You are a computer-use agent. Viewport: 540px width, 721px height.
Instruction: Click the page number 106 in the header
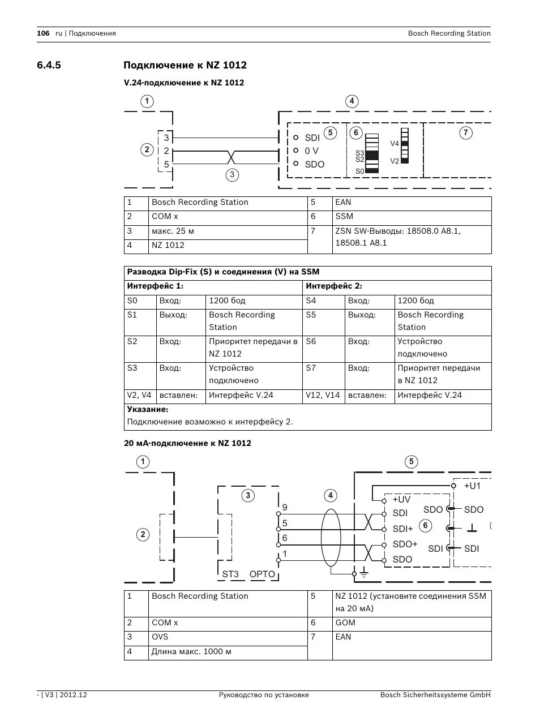click(x=43, y=33)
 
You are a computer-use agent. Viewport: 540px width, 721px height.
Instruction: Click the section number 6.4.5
click(x=49, y=65)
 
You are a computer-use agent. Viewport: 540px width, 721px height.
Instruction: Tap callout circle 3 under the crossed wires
click(x=232, y=174)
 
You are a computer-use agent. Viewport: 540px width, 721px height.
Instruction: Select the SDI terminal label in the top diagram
click(x=312, y=138)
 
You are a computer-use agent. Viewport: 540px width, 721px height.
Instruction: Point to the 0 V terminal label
click(x=311, y=151)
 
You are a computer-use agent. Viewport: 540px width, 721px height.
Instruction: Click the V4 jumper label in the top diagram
click(x=395, y=144)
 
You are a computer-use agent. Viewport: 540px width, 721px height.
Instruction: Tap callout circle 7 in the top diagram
click(x=465, y=133)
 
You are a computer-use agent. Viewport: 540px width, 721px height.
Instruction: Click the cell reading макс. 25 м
click(x=173, y=231)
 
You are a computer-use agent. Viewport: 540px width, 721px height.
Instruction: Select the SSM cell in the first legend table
click(x=344, y=216)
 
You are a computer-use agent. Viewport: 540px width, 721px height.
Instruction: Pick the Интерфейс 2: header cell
click(x=334, y=286)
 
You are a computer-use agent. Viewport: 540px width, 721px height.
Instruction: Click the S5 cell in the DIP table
click(x=311, y=315)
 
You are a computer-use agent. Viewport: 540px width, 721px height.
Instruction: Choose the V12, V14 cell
click(x=323, y=395)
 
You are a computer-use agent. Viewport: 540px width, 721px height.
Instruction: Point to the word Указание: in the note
click(x=148, y=409)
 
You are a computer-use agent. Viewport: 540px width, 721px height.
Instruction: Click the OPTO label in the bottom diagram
click(x=262, y=574)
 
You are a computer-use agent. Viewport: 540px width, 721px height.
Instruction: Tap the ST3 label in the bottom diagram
click(x=230, y=574)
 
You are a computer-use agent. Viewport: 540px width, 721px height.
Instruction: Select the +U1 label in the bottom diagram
click(x=472, y=486)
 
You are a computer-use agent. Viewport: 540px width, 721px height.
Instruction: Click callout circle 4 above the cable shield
click(x=330, y=496)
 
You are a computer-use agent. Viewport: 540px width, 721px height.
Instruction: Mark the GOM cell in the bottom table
click(x=345, y=623)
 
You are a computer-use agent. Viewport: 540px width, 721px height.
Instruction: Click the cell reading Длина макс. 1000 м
click(x=191, y=651)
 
